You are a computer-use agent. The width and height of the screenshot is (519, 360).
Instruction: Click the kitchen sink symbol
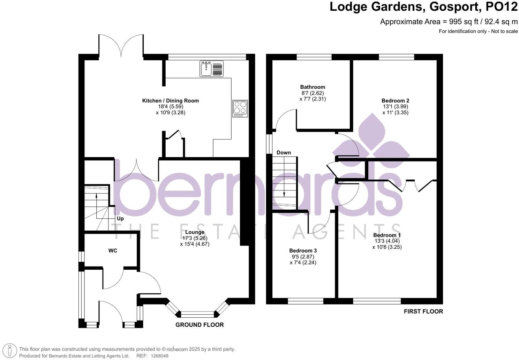211,68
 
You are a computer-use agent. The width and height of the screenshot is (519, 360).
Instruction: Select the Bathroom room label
313,87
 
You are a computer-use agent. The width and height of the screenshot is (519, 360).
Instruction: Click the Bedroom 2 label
395,101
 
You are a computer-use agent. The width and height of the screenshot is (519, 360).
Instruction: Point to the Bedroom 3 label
303,251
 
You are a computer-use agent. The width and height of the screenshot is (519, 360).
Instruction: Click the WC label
113,251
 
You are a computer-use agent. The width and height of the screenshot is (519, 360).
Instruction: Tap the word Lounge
195,232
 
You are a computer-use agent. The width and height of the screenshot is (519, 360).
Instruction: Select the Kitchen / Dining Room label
170,101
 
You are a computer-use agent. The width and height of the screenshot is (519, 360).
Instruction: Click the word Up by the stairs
120,219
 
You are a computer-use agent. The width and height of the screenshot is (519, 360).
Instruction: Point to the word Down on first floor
284,153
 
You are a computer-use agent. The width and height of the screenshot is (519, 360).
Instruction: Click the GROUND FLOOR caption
200,325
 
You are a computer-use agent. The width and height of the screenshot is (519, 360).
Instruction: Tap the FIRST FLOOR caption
423,312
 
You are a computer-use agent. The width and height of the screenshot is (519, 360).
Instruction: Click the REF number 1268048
159,356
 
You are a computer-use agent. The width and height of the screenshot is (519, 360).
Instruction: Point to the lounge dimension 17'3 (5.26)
195,238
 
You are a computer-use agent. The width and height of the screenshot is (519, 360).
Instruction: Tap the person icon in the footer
11,351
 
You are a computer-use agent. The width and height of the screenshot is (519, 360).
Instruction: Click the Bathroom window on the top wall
314,57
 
